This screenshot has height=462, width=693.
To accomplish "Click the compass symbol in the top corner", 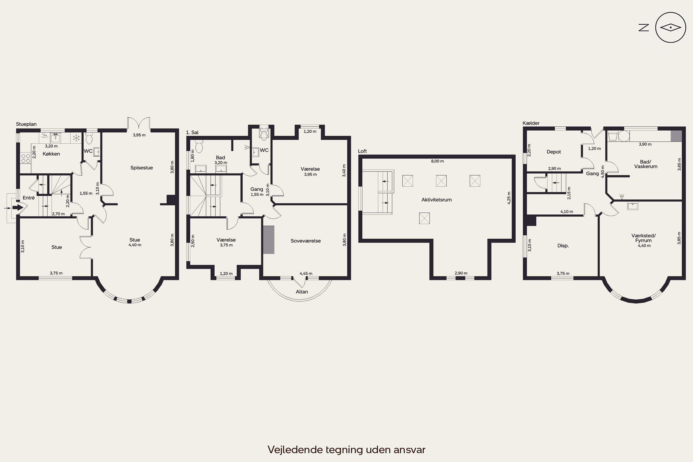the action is tap(671, 28).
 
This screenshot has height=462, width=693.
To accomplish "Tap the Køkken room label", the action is tap(51, 154).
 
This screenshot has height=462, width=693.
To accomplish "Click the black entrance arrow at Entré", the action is tap(18, 207).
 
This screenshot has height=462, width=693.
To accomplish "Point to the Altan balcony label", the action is tap(302, 292).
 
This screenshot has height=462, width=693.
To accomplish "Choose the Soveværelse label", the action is tap(306, 241).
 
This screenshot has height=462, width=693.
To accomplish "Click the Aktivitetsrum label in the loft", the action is tap(436, 200).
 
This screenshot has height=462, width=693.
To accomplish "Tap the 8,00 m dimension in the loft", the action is tap(437, 161).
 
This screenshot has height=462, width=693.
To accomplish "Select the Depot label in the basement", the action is tap(554, 152).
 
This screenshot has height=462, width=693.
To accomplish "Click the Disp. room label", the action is tap(563, 246).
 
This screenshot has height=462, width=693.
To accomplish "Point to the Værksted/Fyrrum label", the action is tap(644, 238).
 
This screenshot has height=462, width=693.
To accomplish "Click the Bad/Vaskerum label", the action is tap(646, 164).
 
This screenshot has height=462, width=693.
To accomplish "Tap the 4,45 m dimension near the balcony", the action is tap(306, 274).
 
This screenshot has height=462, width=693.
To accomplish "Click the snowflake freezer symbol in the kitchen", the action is tap(76, 138).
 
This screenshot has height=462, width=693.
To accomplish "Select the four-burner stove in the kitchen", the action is tap(26, 158).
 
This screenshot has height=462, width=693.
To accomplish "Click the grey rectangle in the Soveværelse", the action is tap(269, 240).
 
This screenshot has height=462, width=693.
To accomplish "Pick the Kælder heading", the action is tap(531, 123).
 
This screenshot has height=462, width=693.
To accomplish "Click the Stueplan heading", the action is tap(26, 124).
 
